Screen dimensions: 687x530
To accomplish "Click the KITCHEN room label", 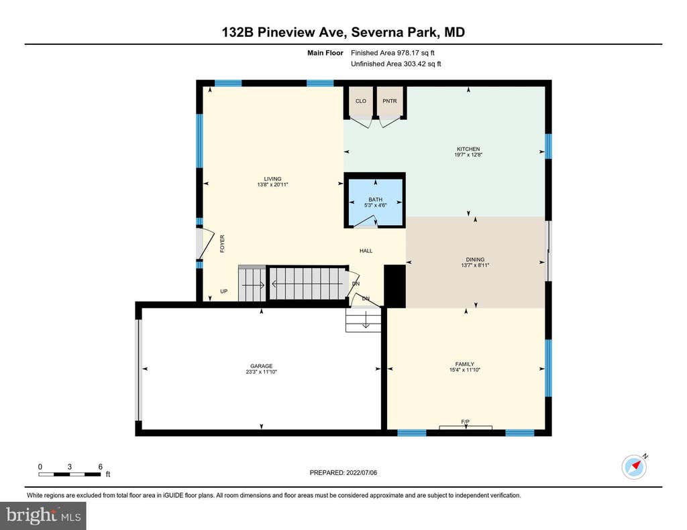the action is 468,149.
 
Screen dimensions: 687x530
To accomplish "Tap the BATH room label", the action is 375,200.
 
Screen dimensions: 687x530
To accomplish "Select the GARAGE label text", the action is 261,366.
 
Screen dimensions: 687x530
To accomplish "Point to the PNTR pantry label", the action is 390,101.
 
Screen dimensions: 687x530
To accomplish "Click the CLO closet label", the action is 360,101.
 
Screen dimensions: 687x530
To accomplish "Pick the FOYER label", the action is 222,244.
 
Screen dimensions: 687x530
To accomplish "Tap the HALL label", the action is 366,251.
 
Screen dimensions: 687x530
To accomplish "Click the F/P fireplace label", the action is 466,422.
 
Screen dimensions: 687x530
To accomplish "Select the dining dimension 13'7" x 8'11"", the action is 475,265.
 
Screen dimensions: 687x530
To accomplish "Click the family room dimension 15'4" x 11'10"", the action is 464,370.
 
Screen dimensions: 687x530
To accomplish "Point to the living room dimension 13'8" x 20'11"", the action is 272,185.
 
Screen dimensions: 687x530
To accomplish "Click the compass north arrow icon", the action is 635,466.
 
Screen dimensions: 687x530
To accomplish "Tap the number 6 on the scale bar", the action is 101,466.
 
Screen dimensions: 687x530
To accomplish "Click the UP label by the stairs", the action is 224,291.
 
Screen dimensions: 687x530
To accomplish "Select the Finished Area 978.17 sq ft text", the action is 392,53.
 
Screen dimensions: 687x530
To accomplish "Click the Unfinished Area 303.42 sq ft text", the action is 396,64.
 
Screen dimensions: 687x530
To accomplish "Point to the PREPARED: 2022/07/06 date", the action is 343,472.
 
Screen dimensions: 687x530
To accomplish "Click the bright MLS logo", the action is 43,515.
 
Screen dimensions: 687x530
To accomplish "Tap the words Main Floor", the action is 325,53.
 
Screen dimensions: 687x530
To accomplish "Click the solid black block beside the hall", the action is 394,286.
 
